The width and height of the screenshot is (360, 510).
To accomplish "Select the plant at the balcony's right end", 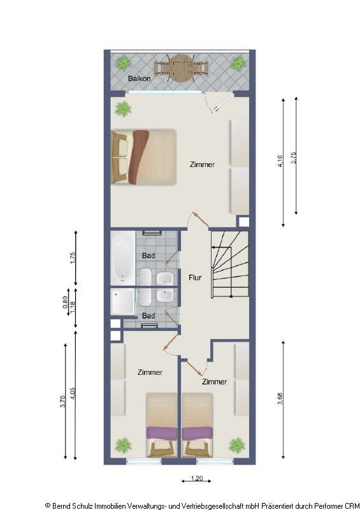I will pyautogui.click(x=238, y=63).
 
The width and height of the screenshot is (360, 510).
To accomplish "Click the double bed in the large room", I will pyautogui.click(x=145, y=157).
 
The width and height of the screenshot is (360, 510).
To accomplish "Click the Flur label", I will pyautogui.click(x=195, y=277).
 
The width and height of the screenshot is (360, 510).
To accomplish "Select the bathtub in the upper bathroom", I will pyautogui.click(x=121, y=257).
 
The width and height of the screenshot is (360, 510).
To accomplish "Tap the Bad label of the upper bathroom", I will pyautogui.click(x=148, y=256).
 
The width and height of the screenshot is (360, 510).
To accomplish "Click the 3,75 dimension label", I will pyautogui.click(x=293, y=158).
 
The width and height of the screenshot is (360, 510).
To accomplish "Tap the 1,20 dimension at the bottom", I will pyautogui.click(x=196, y=477).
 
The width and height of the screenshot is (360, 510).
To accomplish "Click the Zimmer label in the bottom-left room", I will pyautogui.click(x=150, y=372).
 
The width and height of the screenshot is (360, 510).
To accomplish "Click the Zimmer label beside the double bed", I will pyautogui.click(x=202, y=164).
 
